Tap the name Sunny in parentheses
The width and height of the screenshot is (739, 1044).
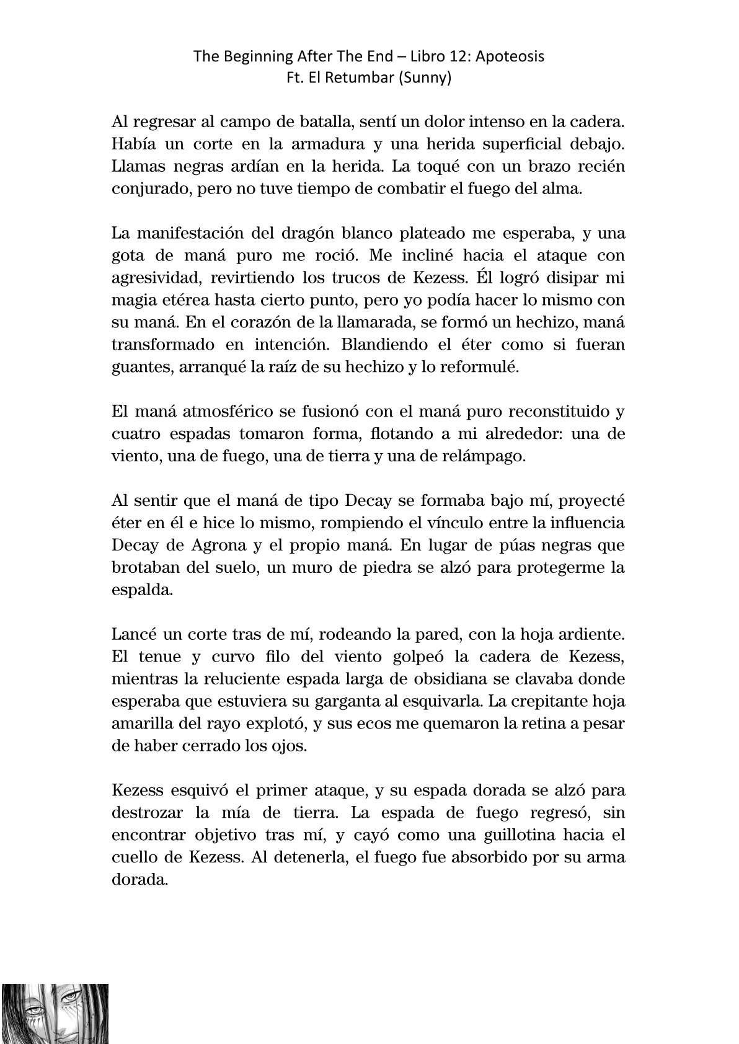(x=427, y=79)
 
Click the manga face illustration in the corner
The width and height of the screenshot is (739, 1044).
(x=55, y=1013)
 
